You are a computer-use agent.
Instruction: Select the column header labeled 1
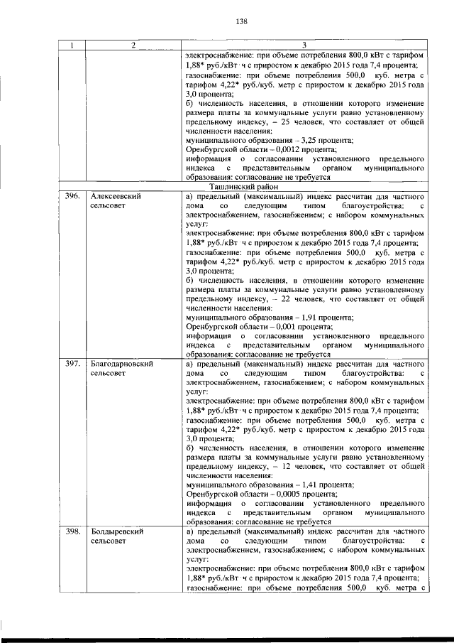coord(71,46)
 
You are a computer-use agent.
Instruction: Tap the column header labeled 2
coord(133,46)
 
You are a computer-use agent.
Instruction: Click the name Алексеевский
coord(117,195)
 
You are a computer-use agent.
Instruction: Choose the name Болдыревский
coord(118,531)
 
